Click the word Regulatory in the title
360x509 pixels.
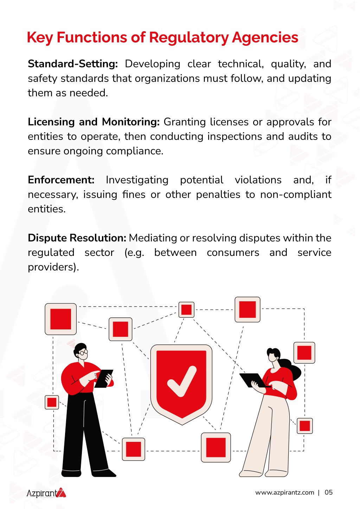[x=189, y=38]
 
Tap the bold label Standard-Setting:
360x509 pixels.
[x=73, y=64]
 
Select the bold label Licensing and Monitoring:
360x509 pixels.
[x=94, y=122]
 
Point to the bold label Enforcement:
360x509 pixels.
[x=61, y=180]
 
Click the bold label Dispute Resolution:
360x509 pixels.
[x=77, y=238]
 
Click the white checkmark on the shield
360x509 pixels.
[x=182, y=381]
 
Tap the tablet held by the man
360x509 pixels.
[x=104, y=378]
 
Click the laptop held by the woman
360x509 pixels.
[x=253, y=380]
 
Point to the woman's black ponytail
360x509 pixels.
[x=291, y=368]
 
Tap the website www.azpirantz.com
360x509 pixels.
[x=284, y=492]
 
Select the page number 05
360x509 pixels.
[x=328, y=492]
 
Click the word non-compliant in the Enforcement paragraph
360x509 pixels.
[x=296, y=195]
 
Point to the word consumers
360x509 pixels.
[x=233, y=253]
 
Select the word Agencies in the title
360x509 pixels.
[x=265, y=38]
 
